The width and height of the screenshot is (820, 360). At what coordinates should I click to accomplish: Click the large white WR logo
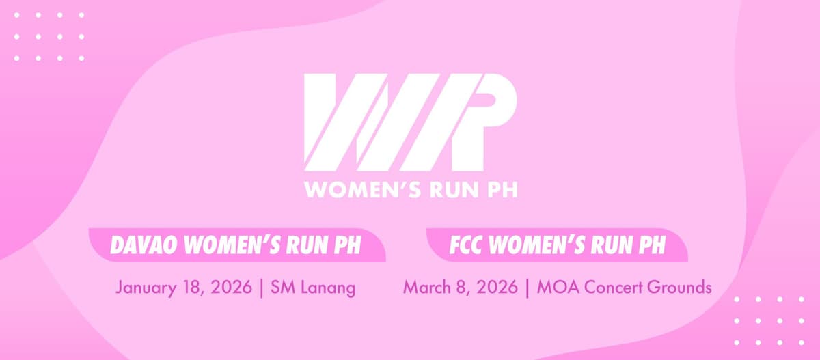(410, 122)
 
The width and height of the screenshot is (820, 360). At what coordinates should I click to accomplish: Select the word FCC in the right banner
(466, 244)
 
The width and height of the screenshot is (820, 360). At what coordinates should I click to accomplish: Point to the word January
(146, 287)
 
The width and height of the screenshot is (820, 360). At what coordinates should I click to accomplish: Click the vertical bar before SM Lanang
(263, 287)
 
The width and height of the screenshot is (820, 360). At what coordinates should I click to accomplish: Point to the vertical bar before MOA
(528, 287)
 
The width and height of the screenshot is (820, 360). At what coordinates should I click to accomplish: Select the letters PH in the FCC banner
(651, 244)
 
